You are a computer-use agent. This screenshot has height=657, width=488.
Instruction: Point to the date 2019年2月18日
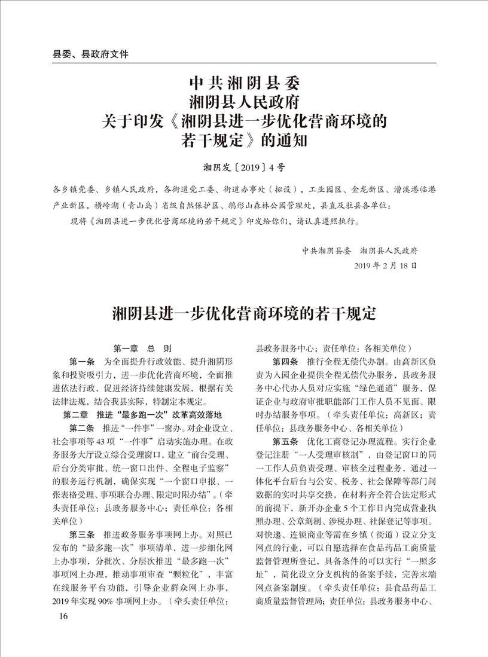386,264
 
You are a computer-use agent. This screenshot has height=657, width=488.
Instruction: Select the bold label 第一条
82,362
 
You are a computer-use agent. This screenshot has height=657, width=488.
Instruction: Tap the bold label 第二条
82,429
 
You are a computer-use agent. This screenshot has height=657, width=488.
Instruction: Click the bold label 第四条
285,362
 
